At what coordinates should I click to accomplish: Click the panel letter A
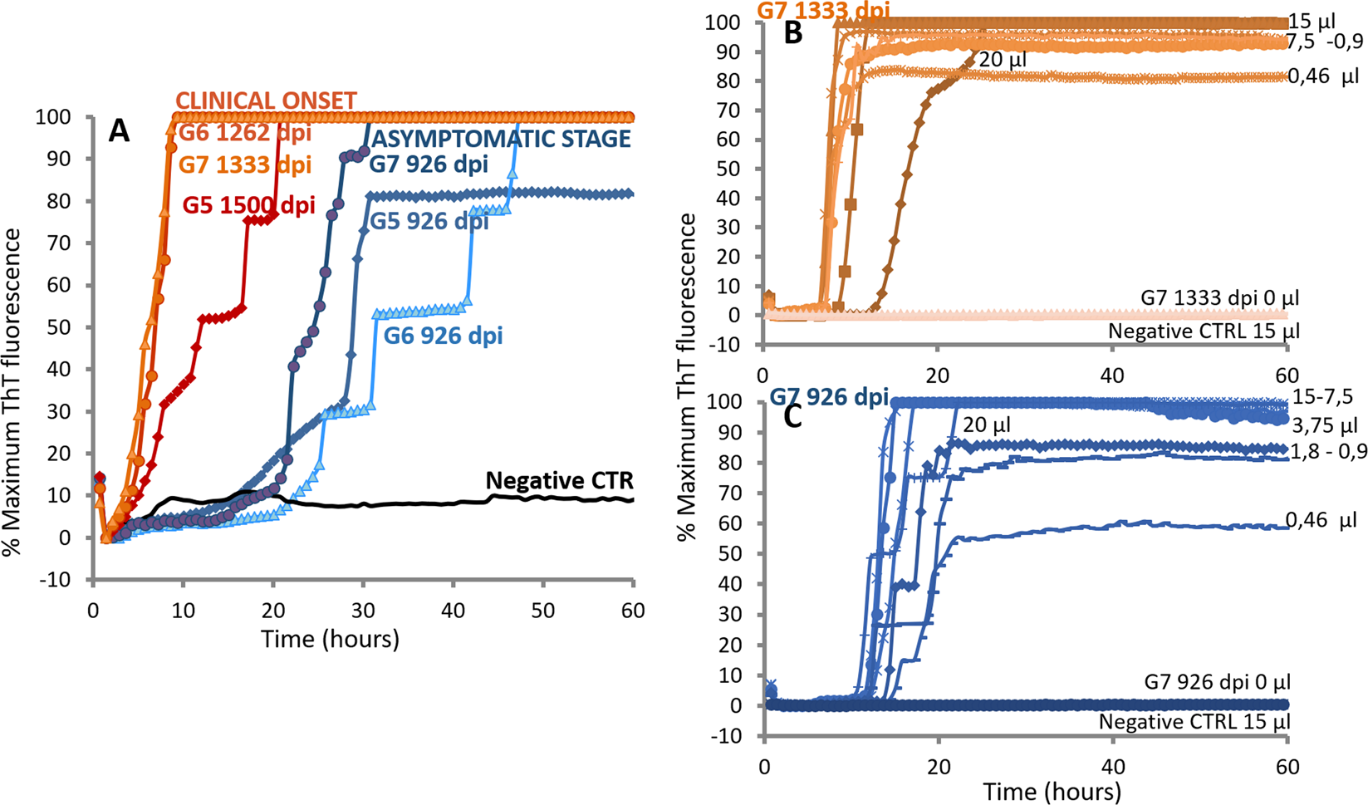[119, 131]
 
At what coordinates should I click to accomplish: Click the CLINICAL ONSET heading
[266, 101]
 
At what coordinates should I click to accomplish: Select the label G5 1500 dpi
[248, 205]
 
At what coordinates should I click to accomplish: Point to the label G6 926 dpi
[443, 336]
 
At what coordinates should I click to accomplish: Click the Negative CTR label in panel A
[559, 480]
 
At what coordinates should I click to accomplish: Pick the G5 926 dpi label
[429, 221]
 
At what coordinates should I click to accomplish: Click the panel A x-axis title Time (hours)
[330, 639]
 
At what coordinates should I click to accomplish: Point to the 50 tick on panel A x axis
[542, 611]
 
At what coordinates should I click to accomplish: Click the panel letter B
[793, 34]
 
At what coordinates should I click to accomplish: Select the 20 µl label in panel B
[1003, 60]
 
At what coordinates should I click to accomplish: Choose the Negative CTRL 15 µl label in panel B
[1203, 331]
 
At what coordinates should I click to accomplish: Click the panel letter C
[793, 416]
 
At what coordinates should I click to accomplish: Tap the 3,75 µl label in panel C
[1324, 427]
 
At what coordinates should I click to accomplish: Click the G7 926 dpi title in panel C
[828, 395]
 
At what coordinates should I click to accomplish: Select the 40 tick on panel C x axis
[1112, 766]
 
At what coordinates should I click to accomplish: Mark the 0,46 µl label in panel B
[1323, 76]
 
